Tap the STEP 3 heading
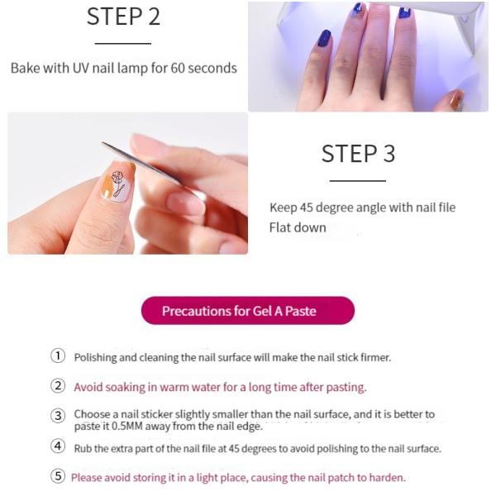click(358, 154)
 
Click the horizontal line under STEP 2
click(123, 43)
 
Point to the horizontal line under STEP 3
click(358, 180)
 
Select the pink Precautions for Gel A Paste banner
click(247, 311)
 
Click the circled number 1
click(58, 356)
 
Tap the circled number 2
click(58, 385)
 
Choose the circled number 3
click(58, 416)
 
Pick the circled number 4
click(58, 447)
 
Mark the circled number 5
click(58, 476)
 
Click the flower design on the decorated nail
click(118, 180)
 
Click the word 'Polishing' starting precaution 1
click(98, 358)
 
